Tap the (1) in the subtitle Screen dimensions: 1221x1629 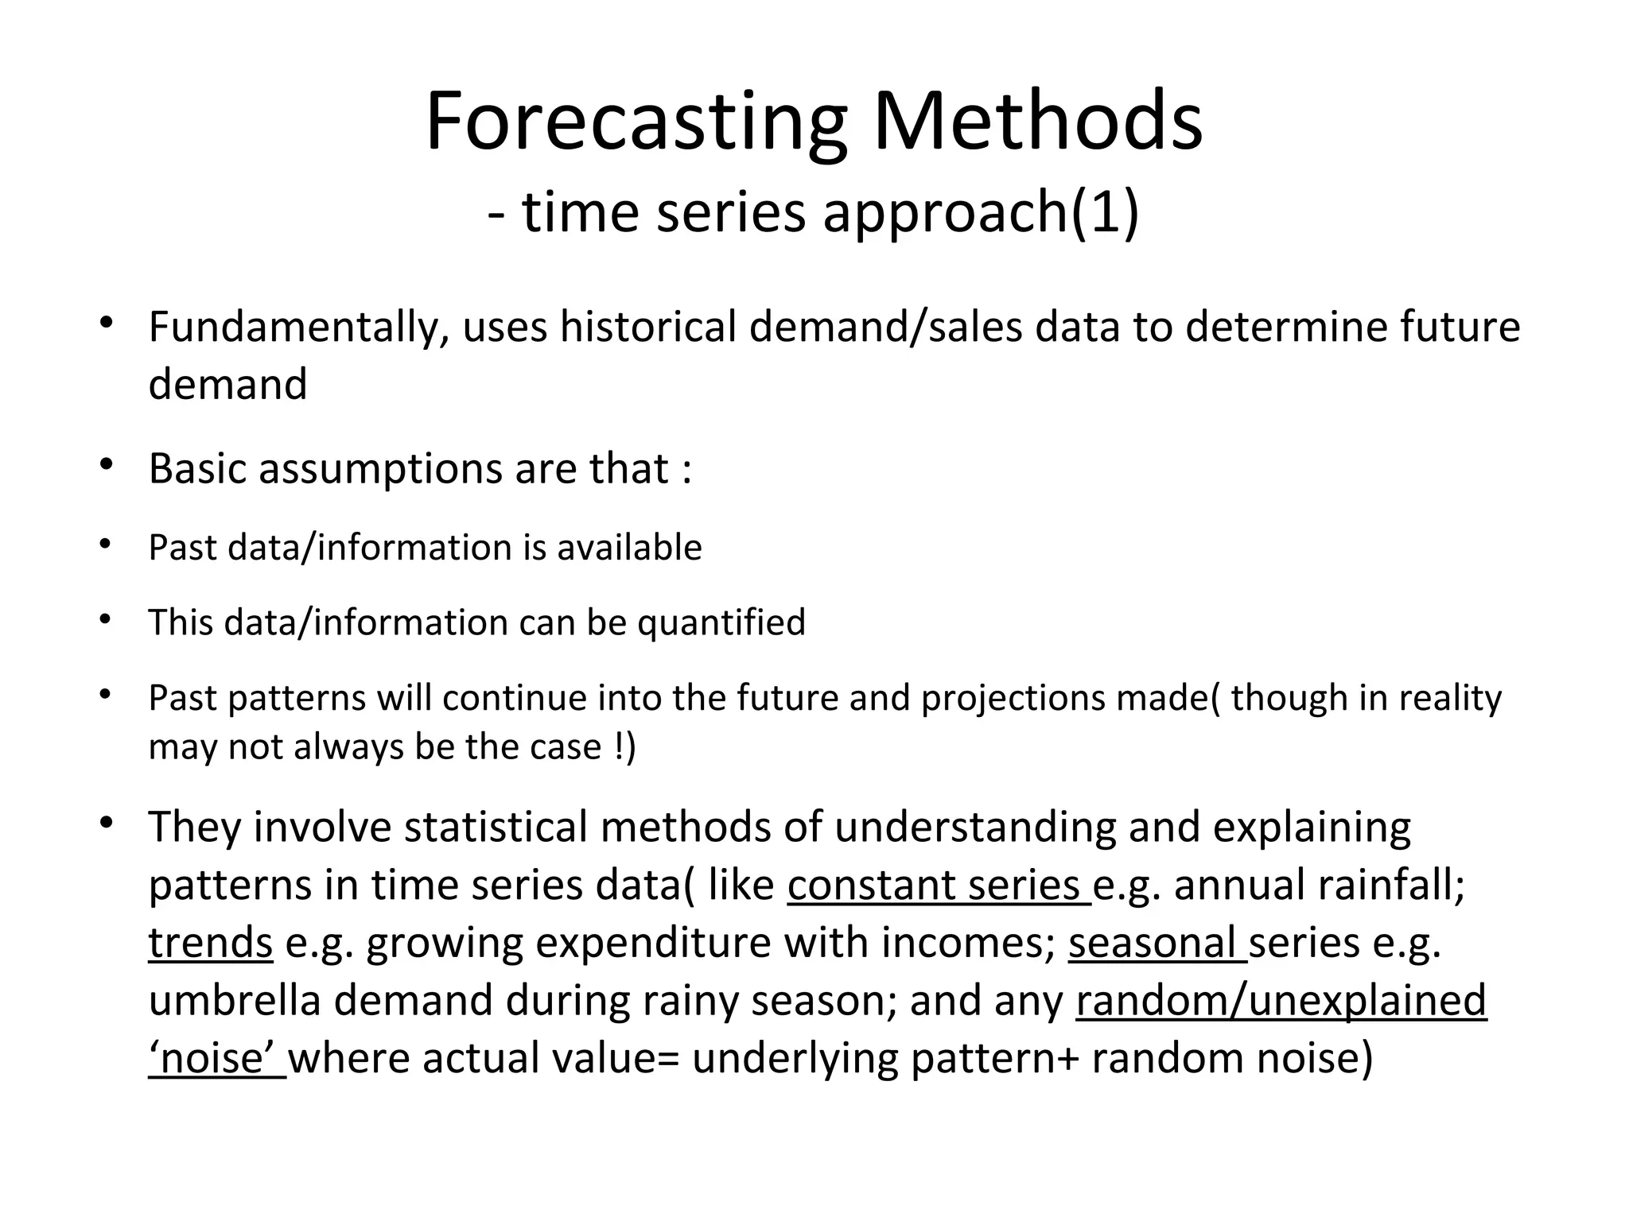pos(1105,213)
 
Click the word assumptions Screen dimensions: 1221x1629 pos(380,469)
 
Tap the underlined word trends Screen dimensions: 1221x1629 pos(210,943)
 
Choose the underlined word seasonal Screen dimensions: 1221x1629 pos(1156,943)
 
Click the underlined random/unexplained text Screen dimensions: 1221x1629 pos(1281,1000)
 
